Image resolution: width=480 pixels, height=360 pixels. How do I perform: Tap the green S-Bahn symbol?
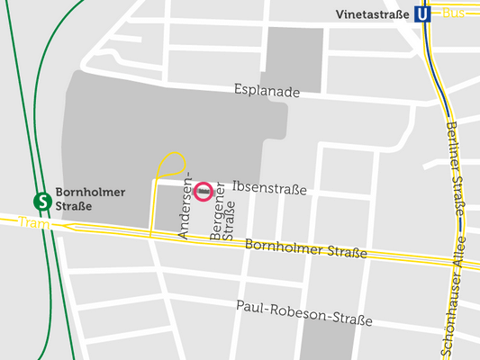click(x=41, y=200)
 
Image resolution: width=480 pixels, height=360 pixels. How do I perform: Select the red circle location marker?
click(x=204, y=191)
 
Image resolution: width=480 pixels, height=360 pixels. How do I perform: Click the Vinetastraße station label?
click(x=372, y=14)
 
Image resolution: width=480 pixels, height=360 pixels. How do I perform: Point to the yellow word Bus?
click(x=454, y=13)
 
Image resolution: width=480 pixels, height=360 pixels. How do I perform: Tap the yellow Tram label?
click(x=30, y=221)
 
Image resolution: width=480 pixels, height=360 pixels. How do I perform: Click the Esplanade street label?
click(x=266, y=90)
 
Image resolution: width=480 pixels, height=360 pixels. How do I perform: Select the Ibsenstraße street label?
click(x=269, y=189)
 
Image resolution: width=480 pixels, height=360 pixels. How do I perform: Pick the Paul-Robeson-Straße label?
click(x=303, y=314)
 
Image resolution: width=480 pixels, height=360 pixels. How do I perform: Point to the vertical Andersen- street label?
click(x=186, y=209)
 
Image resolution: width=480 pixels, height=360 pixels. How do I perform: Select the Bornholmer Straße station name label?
click(x=90, y=199)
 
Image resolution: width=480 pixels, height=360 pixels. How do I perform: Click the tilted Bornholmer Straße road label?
click(x=306, y=248)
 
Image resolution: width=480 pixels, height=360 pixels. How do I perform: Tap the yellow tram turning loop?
click(x=171, y=165)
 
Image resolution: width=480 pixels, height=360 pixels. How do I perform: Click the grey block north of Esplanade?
click(x=294, y=58)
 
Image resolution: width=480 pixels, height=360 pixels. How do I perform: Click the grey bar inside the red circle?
click(x=204, y=191)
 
